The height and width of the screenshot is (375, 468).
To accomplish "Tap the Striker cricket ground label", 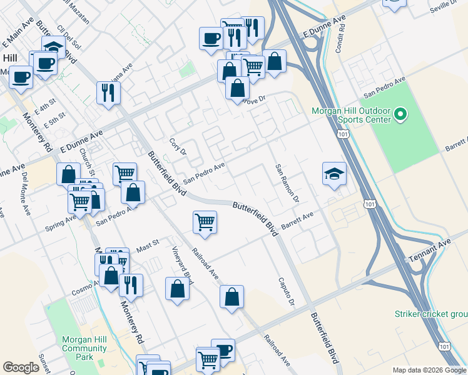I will click(x=430, y=314).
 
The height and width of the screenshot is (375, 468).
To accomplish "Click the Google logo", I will click(x=21, y=367).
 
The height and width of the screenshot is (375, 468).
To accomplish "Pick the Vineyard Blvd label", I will click(x=183, y=265).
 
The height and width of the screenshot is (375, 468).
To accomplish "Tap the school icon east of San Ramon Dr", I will click(x=335, y=174).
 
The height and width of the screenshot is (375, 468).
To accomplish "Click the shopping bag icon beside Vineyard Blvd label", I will click(x=178, y=289).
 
